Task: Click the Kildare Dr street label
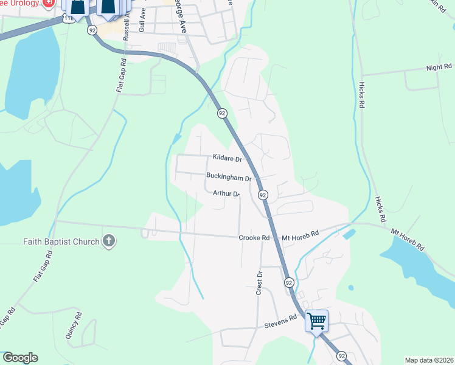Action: [227, 158]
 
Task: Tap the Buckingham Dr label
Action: [229, 178]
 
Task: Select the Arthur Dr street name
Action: [226, 193]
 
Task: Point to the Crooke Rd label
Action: [254, 237]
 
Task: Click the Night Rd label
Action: [439, 67]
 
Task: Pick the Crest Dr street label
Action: [259, 282]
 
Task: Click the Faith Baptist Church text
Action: [61, 242]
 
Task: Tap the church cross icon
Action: [109, 241]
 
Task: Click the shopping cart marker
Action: [317, 321]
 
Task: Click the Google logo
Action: [19, 358]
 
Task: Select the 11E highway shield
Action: [70, 20]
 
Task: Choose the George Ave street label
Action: [181, 16]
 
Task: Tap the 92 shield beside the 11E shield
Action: [92, 29]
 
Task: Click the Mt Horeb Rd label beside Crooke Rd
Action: [300, 234]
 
